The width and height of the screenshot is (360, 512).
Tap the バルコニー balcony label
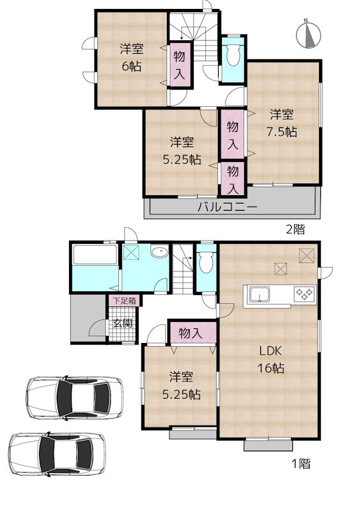point(227,207)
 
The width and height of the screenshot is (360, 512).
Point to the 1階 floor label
point(300,464)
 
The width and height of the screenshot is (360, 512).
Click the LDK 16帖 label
point(271,359)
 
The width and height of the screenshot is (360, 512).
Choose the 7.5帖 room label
point(281,124)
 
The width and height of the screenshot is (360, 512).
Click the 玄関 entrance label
point(123,323)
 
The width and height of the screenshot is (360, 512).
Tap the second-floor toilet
point(231,56)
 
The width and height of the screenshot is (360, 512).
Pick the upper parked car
point(75,398)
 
